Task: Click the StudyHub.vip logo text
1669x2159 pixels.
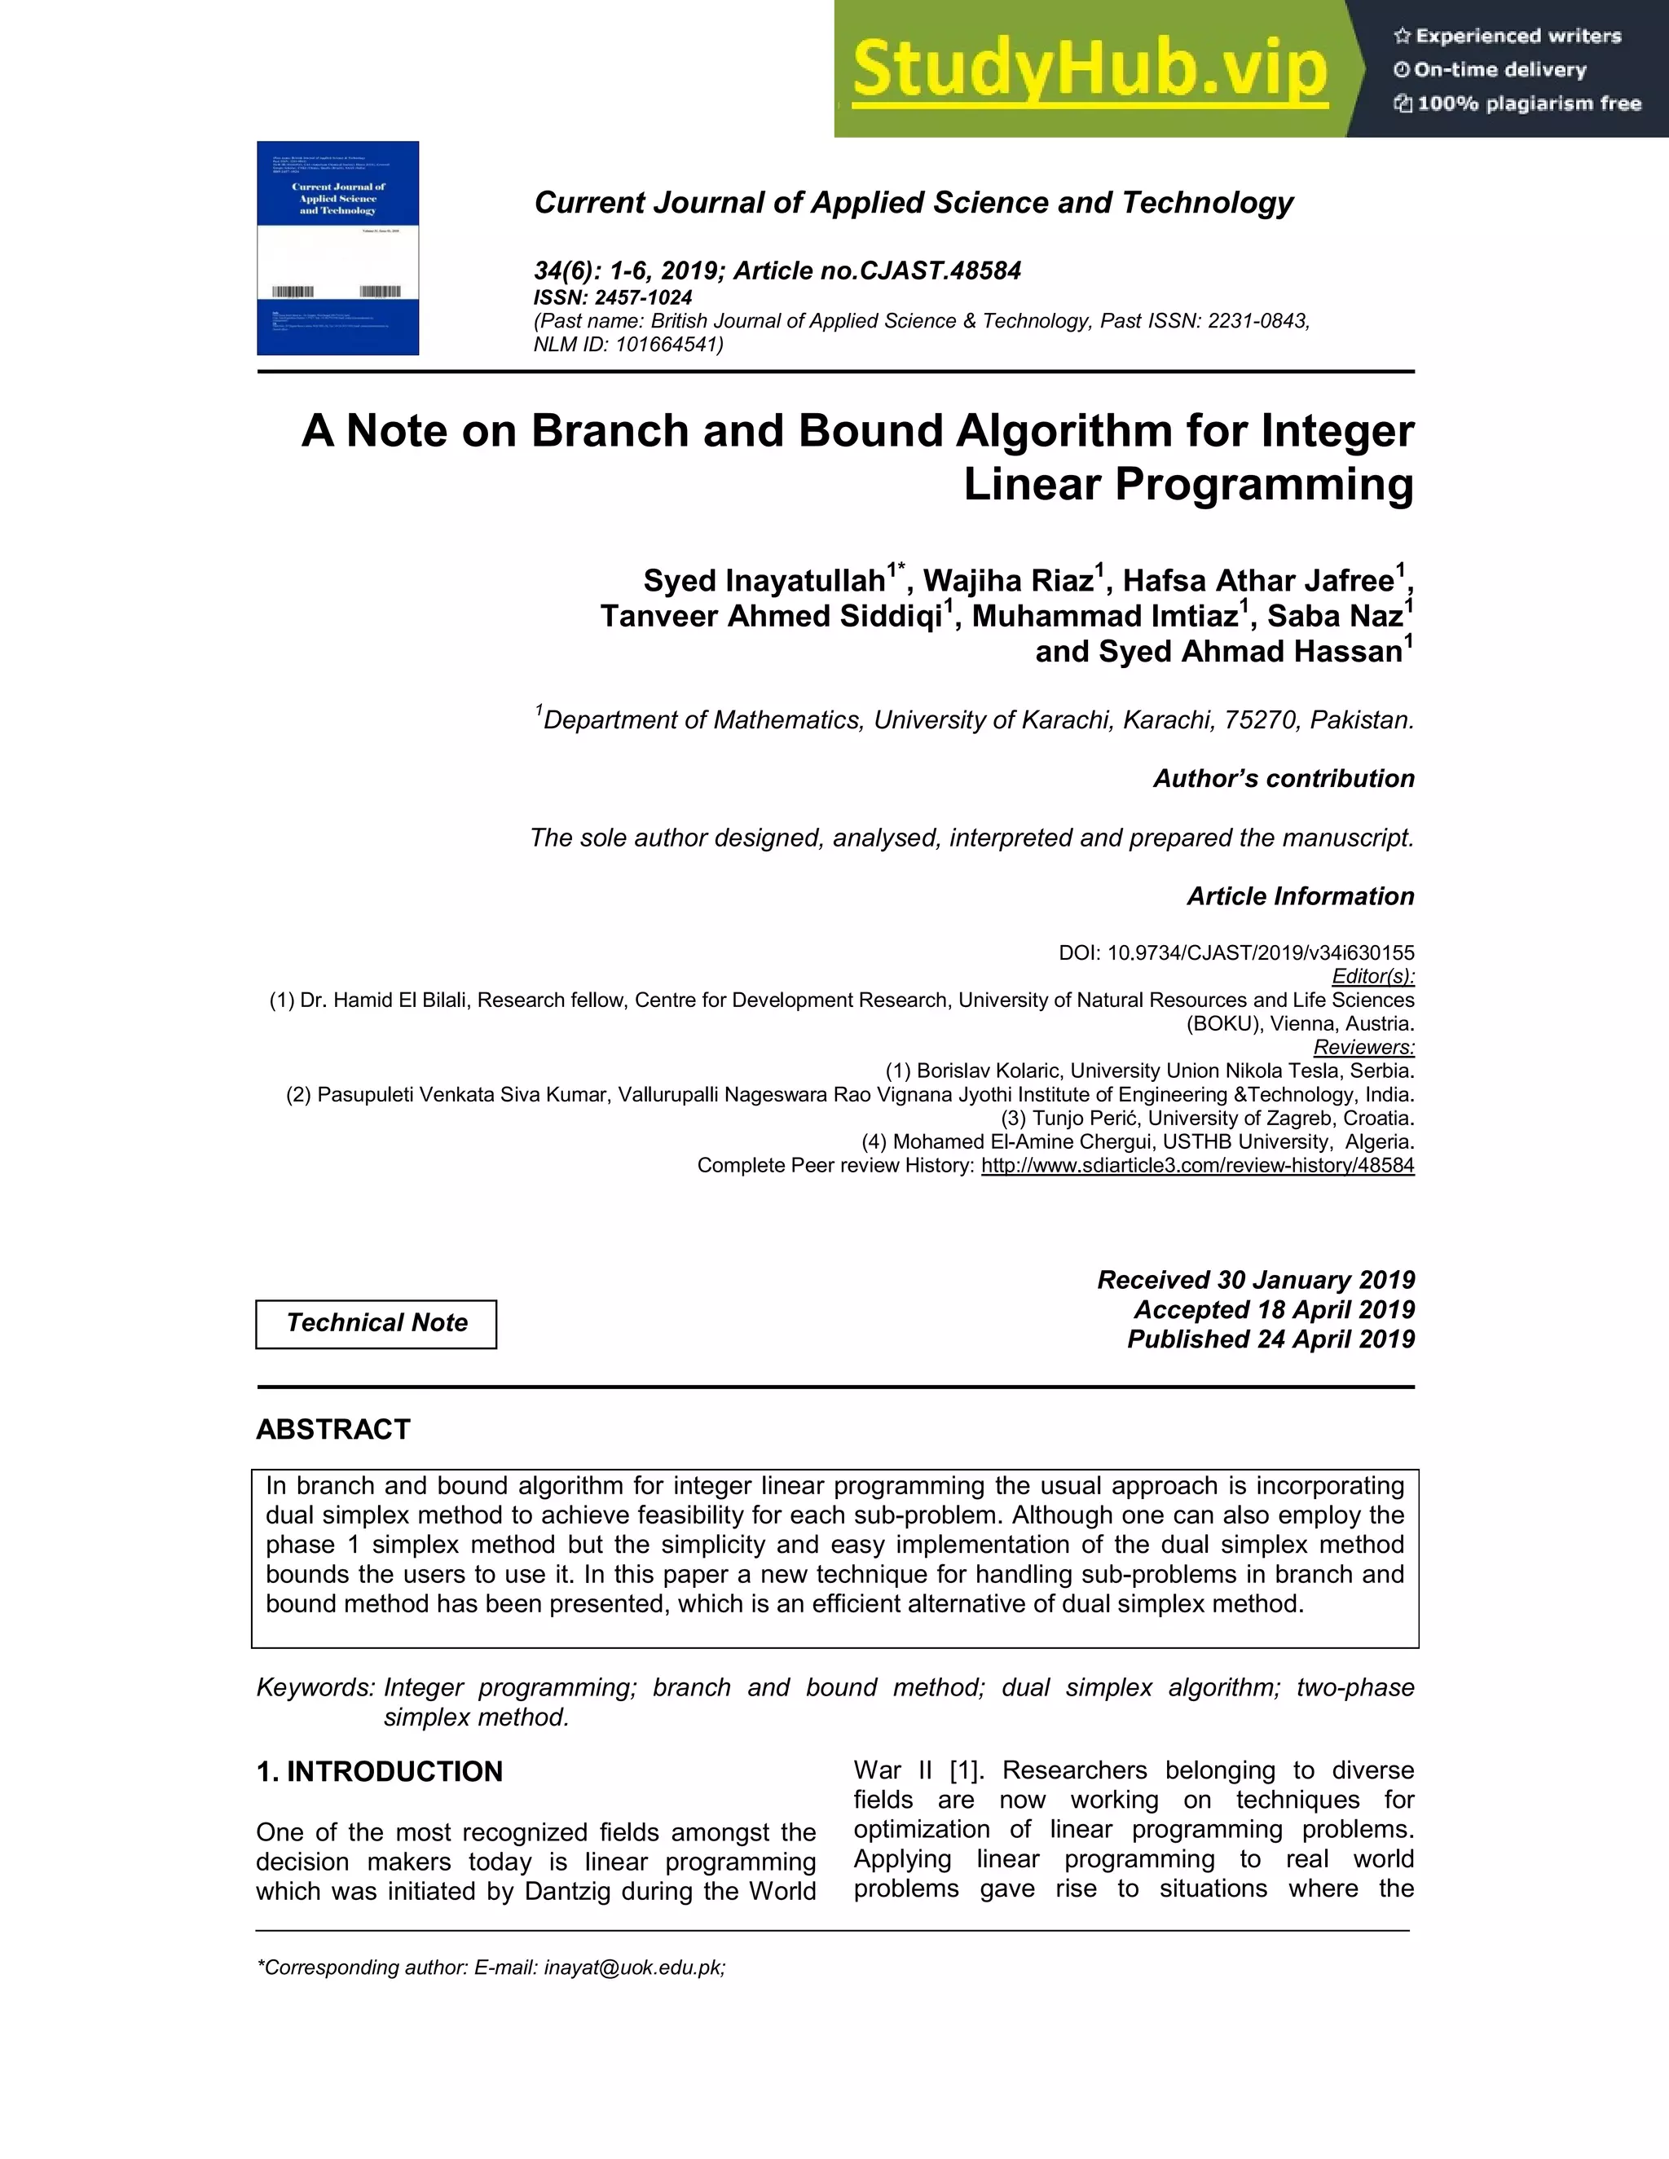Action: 1090,69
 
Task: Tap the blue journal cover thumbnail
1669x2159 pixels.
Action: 337,248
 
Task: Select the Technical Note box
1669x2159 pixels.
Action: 376,1322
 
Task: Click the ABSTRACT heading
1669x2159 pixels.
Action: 332,1430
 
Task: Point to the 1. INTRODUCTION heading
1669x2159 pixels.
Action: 379,1771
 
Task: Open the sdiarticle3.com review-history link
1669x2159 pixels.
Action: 1196,1166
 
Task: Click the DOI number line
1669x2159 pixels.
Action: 1236,953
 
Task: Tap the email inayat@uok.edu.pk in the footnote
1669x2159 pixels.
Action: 632,1968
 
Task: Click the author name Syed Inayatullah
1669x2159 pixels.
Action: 764,580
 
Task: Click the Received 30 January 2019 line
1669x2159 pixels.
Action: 1255,1280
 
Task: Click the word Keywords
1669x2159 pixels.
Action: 315,1687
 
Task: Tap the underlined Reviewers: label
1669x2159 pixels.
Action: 1363,1047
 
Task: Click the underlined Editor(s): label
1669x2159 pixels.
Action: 1372,977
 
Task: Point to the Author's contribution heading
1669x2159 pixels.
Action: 1283,779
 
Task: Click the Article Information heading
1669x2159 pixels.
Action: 1299,897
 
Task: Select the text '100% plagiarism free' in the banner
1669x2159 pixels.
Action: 1528,103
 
